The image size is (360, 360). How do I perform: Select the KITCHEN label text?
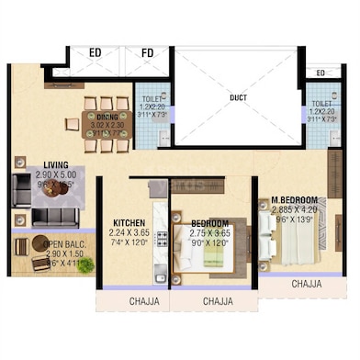click(x=129, y=223)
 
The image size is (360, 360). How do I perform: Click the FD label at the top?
click(x=148, y=54)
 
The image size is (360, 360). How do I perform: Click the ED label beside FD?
click(x=96, y=54)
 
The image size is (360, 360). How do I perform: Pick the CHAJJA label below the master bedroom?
click(x=306, y=285)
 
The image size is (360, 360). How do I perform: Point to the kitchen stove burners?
click(x=162, y=242)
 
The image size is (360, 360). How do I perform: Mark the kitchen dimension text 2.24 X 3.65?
click(x=129, y=234)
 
